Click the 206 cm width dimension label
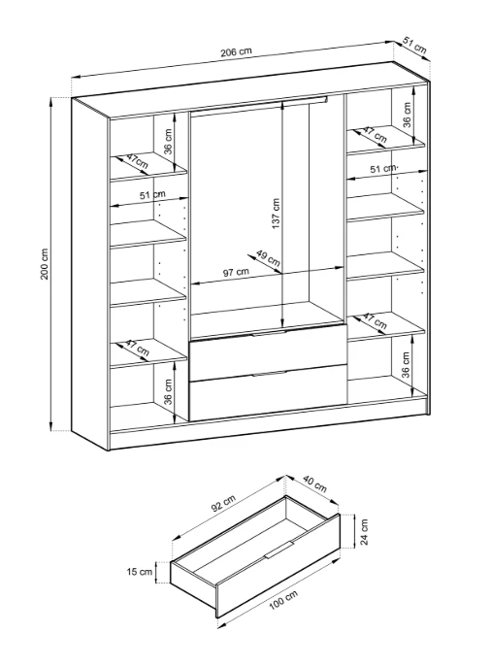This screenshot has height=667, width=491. pyautogui.click(x=236, y=51)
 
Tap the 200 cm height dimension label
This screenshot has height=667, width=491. pyautogui.click(x=45, y=264)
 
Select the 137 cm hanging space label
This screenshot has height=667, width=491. pyautogui.click(x=276, y=214)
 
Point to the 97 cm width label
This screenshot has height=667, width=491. pyautogui.click(x=236, y=272)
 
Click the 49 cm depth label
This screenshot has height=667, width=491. pyautogui.click(x=268, y=258)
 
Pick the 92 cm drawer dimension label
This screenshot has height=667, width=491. pyautogui.click(x=223, y=505)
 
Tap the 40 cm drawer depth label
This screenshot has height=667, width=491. pyautogui.click(x=314, y=484)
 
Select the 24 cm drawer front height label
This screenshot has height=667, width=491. pyautogui.click(x=364, y=532)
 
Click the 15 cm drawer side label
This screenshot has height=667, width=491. pyautogui.click(x=139, y=572)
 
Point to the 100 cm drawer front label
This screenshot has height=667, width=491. pyautogui.click(x=283, y=600)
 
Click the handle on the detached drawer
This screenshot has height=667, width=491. pyautogui.click(x=279, y=550)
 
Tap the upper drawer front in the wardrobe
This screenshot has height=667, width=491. pyautogui.click(x=268, y=352)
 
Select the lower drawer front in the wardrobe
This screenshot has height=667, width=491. pyautogui.click(x=268, y=393)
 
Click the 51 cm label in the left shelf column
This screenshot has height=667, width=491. pyautogui.click(x=152, y=195)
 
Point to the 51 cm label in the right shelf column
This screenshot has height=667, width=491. pyautogui.click(x=383, y=169)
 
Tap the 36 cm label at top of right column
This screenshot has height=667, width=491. pyautogui.click(x=407, y=115)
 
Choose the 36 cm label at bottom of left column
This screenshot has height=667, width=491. pyautogui.click(x=169, y=392)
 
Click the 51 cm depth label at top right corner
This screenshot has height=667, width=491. pyautogui.click(x=414, y=45)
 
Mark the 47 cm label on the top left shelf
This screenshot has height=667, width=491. pyautogui.click(x=136, y=161)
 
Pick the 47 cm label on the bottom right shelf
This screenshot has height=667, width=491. pyautogui.click(x=375, y=321)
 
